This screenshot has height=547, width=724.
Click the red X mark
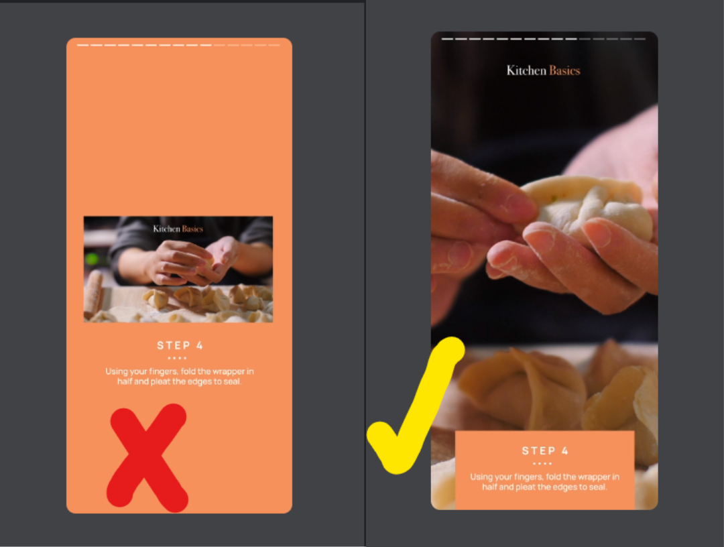[147, 458]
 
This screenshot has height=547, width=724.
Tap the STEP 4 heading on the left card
[180, 345]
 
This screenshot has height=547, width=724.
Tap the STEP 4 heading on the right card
[544, 450]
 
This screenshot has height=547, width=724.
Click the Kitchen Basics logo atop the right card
[543, 70]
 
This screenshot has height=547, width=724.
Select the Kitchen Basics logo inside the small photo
[178, 229]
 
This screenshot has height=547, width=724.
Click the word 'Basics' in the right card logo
[564, 70]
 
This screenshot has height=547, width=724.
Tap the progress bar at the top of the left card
[178, 45]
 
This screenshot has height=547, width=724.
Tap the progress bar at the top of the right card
[543, 39]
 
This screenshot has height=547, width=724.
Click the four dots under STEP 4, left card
[177, 358]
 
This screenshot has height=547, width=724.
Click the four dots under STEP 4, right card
[542, 463]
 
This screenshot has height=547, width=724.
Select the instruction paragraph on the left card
[179, 376]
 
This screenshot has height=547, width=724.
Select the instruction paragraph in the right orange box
[544, 482]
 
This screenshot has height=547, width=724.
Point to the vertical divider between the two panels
[365, 268]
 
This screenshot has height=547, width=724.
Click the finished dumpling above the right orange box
[523, 389]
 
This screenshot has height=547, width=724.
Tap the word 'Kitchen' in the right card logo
[526, 70]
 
